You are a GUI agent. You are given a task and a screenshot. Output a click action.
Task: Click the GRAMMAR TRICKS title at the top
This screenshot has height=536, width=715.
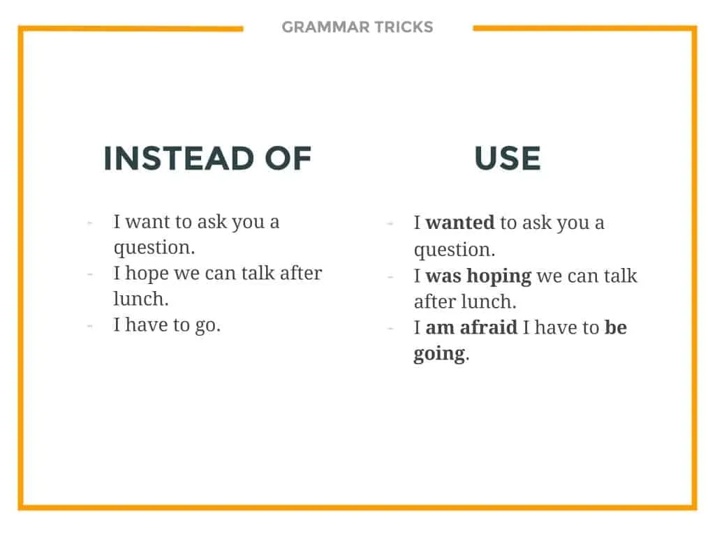point(357,27)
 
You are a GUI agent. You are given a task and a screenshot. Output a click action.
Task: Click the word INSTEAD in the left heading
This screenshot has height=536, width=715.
point(177,158)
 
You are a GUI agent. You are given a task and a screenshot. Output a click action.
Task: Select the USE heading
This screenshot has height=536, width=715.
point(508,158)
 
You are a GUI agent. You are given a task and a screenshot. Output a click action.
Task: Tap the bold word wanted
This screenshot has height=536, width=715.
point(460,223)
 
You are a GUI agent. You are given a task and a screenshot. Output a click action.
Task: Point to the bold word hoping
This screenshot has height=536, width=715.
point(499,276)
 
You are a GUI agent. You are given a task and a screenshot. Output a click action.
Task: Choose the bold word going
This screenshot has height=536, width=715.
point(439,354)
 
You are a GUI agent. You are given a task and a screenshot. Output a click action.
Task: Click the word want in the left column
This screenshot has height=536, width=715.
point(146,222)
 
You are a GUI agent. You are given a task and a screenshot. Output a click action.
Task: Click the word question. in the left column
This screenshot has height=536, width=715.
point(154,248)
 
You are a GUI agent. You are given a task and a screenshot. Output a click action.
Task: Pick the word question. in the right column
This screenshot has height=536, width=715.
point(455,250)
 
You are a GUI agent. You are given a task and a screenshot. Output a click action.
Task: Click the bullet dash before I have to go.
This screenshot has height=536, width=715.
point(90,325)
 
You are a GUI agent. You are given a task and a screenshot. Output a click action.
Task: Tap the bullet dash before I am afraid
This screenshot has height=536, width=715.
point(390,328)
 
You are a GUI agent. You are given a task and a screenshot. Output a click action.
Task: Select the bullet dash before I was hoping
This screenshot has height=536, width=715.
point(390,276)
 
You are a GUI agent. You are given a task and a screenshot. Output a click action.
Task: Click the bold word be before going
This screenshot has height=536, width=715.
point(616,328)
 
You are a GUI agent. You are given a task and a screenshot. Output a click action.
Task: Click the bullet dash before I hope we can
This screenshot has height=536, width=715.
point(90,274)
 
